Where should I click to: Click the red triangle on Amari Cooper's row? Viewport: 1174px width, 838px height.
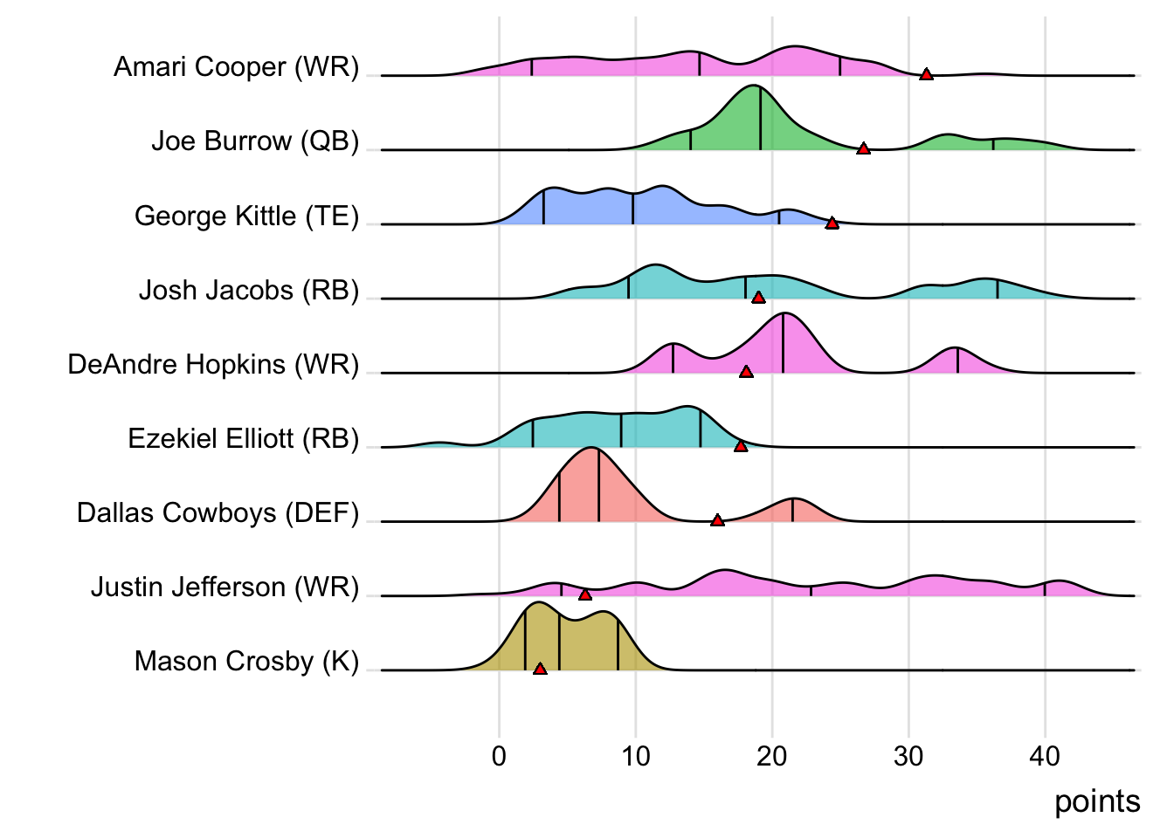[x=926, y=74]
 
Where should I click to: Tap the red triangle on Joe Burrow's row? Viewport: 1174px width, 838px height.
[x=863, y=149]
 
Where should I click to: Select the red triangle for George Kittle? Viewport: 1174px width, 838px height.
[x=832, y=223]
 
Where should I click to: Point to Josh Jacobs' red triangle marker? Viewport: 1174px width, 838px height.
[x=758, y=298]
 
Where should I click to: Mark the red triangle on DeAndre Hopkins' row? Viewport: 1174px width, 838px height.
[x=746, y=372]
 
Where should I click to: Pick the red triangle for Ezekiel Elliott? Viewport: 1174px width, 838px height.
[x=741, y=446]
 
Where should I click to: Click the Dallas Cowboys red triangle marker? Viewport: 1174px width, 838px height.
[x=717, y=520]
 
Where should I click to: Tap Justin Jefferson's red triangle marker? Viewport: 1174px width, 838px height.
[x=585, y=594]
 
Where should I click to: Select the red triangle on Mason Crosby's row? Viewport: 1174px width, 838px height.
[x=540, y=669]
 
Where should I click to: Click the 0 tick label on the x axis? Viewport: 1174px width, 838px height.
[x=499, y=756]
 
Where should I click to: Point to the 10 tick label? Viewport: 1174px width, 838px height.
[x=635, y=756]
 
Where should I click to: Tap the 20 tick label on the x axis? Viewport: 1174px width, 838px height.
[x=771, y=756]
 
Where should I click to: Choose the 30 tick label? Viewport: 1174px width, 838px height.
[x=908, y=756]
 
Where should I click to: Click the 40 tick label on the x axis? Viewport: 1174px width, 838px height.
[x=1045, y=756]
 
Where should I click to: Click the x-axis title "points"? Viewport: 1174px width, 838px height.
[x=1097, y=801]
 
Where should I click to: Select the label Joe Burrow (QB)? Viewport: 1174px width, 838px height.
[x=255, y=141]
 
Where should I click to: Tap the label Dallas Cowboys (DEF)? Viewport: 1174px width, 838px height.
[x=218, y=512]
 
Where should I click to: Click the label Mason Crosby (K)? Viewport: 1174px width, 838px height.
[x=246, y=661]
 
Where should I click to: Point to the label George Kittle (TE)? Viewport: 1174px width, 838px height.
[x=246, y=216]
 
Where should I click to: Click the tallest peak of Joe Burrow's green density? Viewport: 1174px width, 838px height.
[x=756, y=87]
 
